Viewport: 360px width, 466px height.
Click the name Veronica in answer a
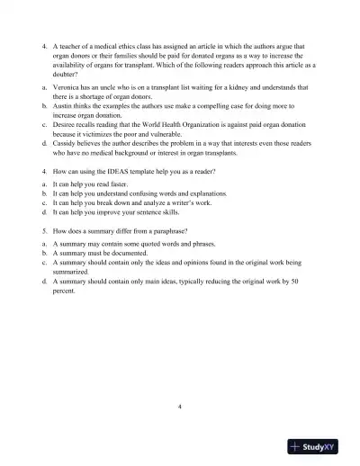click(x=69, y=87)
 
